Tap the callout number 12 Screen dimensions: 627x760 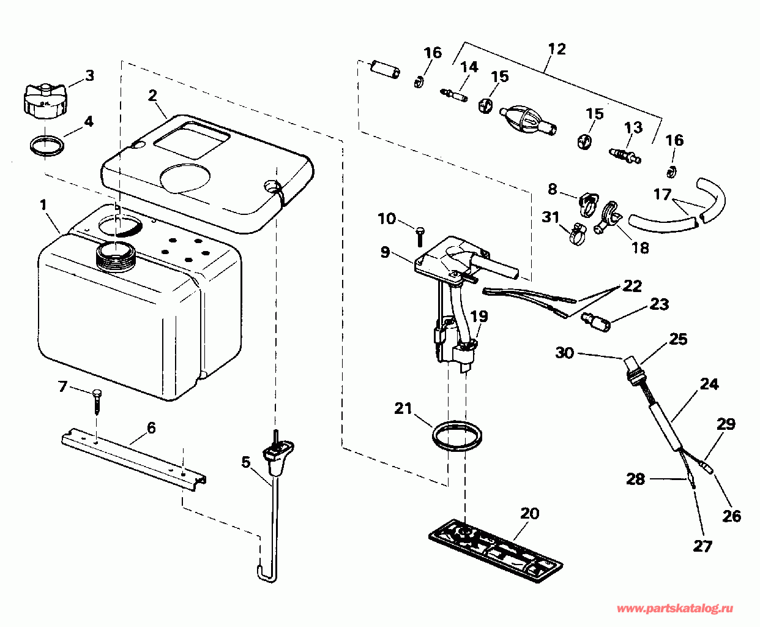click(556, 49)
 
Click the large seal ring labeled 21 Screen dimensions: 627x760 click(455, 435)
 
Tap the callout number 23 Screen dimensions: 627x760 click(659, 304)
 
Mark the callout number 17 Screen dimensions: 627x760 click(662, 194)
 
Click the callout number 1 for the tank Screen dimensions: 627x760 click(43, 205)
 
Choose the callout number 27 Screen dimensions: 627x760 click(702, 545)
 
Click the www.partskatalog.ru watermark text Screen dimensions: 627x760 click(674, 609)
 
